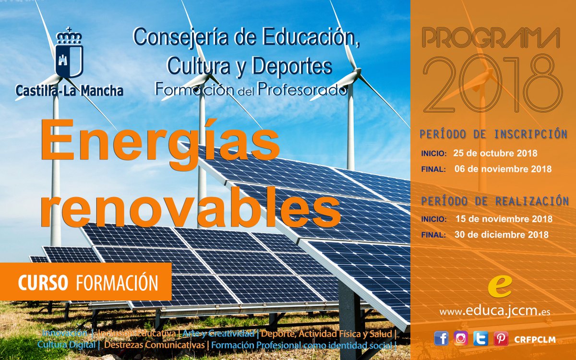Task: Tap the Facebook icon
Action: (441, 338)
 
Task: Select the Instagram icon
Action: (461, 338)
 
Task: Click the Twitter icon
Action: (480, 338)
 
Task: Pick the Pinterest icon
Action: (501, 338)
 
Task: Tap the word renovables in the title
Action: (190, 207)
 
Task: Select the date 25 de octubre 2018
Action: (495, 154)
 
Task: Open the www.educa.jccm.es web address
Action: (494, 312)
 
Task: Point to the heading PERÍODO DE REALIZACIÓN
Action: (494, 201)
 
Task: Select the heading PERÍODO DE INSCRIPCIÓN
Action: (493, 134)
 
